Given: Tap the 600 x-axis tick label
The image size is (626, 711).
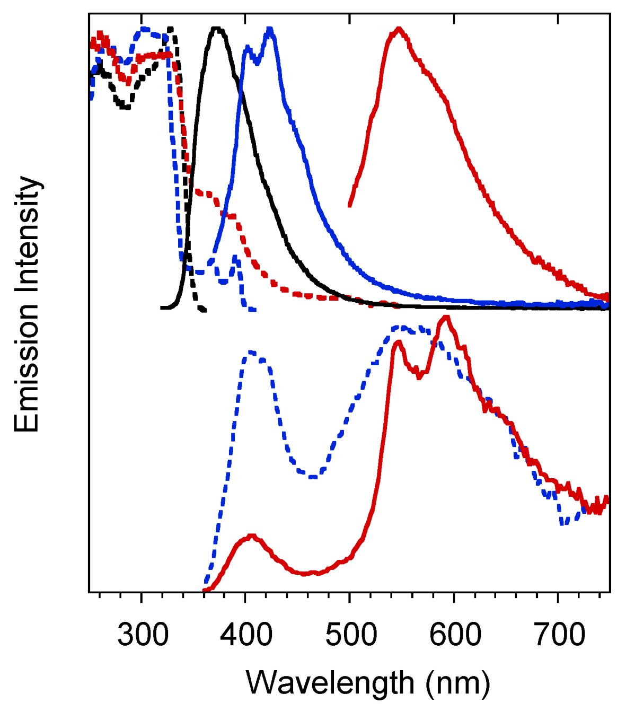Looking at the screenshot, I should point(455,634).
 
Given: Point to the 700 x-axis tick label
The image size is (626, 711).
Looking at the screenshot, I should point(559,634).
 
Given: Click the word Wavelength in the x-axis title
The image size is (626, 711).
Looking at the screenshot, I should point(330,683).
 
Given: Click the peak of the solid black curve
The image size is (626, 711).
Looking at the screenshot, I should point(216,29).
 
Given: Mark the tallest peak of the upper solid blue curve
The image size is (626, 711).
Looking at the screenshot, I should point(270,29).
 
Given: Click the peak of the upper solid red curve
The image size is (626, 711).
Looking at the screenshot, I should point(398,29).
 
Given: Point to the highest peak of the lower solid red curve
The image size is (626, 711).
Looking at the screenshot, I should point(446,318).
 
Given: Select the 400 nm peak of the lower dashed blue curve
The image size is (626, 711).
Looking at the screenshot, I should point(250,352).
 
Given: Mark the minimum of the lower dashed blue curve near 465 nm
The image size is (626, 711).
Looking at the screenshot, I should point(313,477).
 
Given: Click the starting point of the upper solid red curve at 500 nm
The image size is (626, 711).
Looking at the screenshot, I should point(350,205).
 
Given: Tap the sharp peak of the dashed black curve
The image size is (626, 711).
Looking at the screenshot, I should point(171,29).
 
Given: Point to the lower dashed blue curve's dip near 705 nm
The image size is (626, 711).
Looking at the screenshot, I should point(564,522).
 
